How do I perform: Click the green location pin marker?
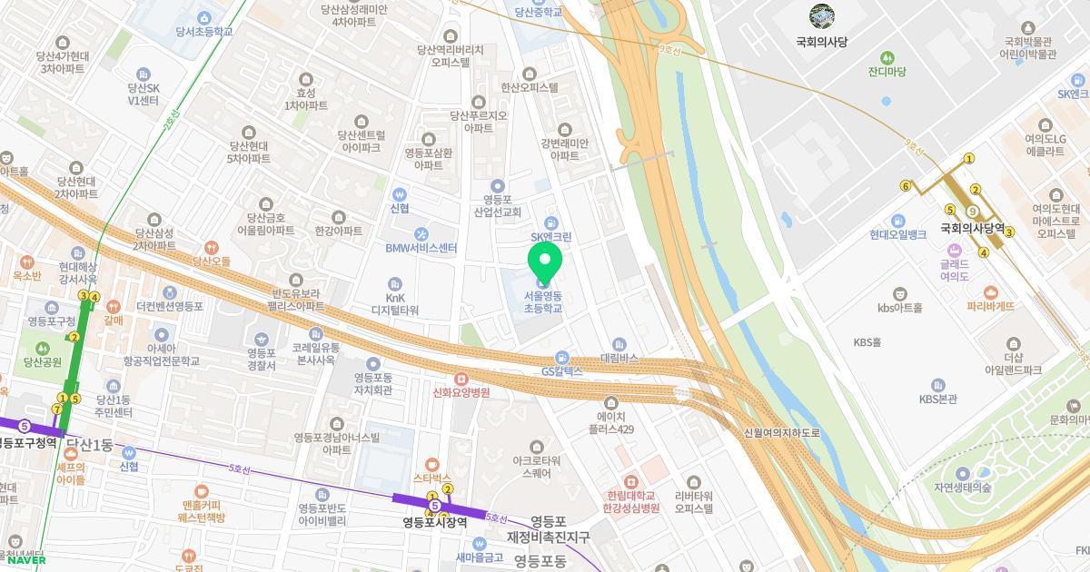click(545, 263)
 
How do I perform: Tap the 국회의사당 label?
click(821, 42)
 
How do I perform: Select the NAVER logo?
click(25, 560)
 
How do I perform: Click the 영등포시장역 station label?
click(435, 522)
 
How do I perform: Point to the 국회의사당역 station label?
click(972, 228)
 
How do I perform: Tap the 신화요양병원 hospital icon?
click(461, 378)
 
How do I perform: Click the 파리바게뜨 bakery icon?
click(990, 292)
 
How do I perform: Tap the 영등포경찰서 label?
click(261, 359)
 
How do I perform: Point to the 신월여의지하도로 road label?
click(781, 433)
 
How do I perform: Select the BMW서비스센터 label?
click(421, 248)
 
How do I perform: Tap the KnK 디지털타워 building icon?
click(394, 284)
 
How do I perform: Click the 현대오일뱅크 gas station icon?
click(897, 221)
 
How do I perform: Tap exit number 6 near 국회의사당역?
click(906, 186)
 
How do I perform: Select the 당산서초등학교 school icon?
click(204, 18)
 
